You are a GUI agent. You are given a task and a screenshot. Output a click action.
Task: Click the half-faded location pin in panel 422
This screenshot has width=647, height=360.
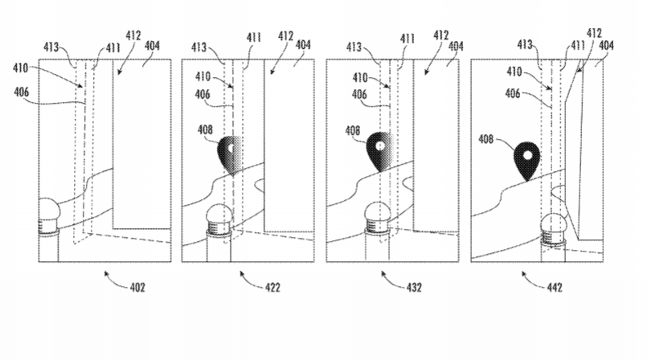coord(234,155)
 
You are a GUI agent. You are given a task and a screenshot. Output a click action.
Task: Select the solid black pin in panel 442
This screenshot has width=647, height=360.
coord(527,159)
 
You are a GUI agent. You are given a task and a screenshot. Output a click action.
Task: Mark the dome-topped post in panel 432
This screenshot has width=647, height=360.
coord(376,217)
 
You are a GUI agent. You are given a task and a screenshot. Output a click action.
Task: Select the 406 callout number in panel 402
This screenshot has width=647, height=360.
coord(23,92)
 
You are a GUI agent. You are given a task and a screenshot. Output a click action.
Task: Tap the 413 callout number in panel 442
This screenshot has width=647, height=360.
coord(524,45)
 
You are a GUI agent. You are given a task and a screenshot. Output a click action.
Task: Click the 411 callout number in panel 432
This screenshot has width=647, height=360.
coord(408,38)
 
